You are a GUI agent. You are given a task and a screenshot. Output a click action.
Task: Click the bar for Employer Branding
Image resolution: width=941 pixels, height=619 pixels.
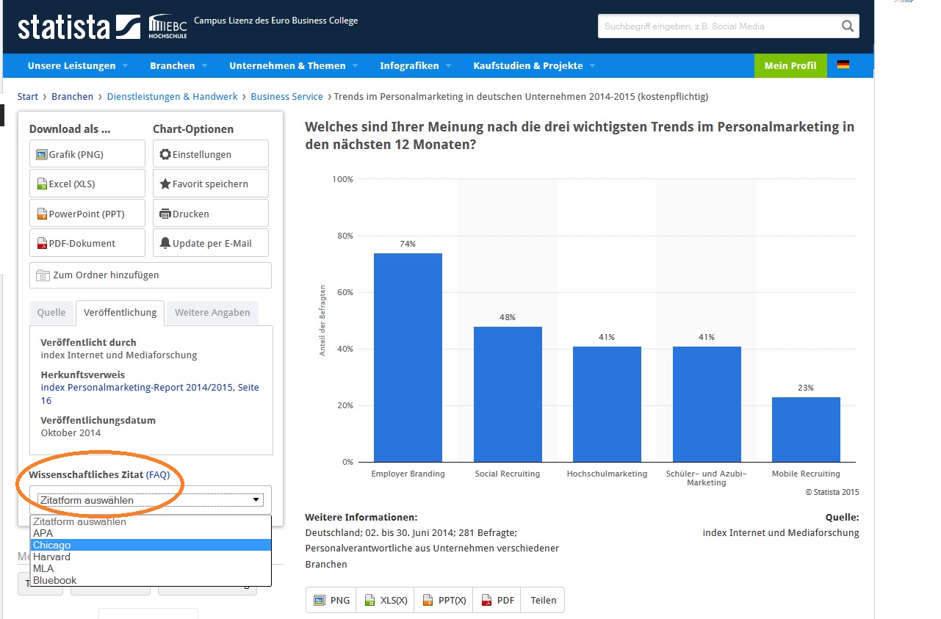(x=408, y=358)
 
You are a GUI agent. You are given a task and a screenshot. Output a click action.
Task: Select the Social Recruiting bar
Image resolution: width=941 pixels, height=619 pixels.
(x=508, y=394)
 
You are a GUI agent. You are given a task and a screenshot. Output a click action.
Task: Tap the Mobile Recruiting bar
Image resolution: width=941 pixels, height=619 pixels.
(x=806, y=430)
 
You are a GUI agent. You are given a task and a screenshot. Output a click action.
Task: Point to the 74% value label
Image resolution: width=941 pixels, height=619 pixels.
(x=408, y=244)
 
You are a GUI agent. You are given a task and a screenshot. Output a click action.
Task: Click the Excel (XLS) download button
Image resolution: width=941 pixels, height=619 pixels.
(x=87, y=184)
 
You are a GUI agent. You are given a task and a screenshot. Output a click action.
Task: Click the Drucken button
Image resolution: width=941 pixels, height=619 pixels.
(x=211, y=214)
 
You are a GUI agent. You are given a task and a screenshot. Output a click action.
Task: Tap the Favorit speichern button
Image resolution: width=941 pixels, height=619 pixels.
(x=211, y=184)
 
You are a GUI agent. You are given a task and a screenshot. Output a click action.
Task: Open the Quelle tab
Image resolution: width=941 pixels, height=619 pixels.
(x=51, y=312)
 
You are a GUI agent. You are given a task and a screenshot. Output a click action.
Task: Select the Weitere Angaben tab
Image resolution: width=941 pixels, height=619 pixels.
(x=212, y=312)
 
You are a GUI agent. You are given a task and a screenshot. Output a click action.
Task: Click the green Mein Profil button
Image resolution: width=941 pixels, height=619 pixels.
(x=790, y=65)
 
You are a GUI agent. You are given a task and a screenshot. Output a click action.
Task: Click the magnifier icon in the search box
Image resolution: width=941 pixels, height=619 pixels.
(x=848, y=26)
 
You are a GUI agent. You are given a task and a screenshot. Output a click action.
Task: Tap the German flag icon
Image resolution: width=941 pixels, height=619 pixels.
(x=843, y=65)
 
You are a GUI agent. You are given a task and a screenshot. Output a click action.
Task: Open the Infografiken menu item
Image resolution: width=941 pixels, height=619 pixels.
(x=409, y=65)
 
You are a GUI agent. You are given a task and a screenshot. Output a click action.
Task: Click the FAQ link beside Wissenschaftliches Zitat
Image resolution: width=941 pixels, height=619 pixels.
(x=158, y=475)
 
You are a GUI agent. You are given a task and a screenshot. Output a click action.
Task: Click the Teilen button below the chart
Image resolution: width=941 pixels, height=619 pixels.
(x=544, y=600)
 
